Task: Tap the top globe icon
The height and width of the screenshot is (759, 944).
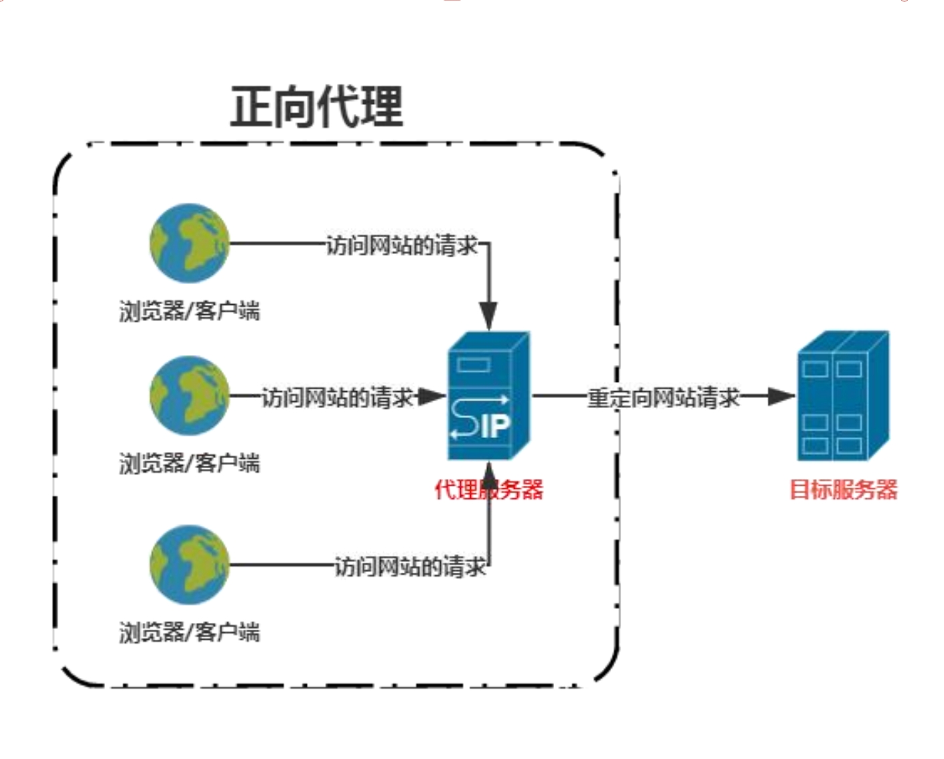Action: point(190,243)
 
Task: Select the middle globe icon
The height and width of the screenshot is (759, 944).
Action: point(190,395)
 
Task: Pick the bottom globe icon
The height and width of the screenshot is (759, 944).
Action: point(190,564)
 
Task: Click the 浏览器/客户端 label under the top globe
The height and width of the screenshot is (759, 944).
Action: point(190,311)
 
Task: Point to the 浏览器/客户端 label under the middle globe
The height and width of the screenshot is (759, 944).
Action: point(190,463)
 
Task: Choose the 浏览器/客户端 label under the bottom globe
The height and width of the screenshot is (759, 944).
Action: point(190,632)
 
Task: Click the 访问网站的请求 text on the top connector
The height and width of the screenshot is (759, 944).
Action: point(402,245)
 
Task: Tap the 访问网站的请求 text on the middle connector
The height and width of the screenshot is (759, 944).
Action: point(337,397)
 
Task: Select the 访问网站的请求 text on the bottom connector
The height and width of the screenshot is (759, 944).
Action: point(410,567)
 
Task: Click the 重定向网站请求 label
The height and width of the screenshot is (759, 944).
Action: point(663,397)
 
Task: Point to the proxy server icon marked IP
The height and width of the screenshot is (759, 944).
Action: point(488,396)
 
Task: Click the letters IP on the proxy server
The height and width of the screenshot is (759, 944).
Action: point(496,426)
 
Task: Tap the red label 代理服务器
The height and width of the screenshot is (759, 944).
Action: point(488,490)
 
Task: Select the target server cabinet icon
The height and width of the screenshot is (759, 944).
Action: point(843,396)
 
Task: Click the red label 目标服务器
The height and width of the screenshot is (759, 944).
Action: point(843,490)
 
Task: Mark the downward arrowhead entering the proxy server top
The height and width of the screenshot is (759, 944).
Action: point(488,316)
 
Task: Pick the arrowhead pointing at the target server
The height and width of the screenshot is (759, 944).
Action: point(781,396)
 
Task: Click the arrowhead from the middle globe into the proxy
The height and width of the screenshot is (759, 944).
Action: point(431,396)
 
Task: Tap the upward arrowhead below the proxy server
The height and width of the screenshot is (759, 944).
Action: point(489,477)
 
